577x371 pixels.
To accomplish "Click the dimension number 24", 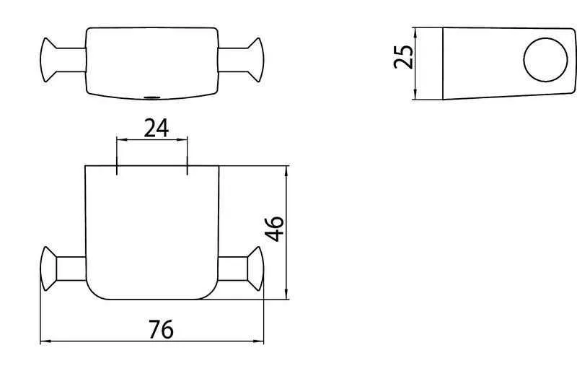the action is (156, 128).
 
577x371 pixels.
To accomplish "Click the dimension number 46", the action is (275, 229).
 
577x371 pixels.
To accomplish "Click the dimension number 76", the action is (161, 329).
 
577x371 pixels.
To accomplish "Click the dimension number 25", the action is (403, 57).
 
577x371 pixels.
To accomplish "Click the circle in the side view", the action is (545, 60).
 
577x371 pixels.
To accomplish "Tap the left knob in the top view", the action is (48, 60).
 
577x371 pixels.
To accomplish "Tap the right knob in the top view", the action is (256, 60).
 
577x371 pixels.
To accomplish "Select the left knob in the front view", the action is (48, 269).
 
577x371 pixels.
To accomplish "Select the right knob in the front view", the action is (256, 269).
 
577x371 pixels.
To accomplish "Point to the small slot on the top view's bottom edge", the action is (152, 97).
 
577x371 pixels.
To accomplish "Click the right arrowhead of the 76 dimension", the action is (259, 341).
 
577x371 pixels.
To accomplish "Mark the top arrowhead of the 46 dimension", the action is (286, 171).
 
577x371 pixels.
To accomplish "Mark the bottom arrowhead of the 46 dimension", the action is (286, 294).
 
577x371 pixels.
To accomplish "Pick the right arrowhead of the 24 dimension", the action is (182, 139).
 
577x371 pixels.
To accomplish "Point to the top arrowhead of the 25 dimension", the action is (415, 32).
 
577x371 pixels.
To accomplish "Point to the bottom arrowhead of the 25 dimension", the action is (415, 94).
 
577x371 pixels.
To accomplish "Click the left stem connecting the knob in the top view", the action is (71, 60).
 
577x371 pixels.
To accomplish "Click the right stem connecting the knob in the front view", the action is (233, 269).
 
